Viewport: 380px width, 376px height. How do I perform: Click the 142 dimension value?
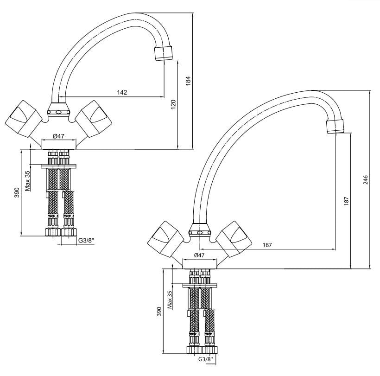[122, 92]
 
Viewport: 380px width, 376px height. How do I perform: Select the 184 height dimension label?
[188, 81]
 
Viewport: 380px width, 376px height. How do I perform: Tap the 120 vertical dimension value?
[173, 104]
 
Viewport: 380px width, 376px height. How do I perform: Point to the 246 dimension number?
[366, 180]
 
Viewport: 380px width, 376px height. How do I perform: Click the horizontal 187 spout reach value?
[267, 245]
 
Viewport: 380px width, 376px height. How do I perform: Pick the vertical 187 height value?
[347, 202]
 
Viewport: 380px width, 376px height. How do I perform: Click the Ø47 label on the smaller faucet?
[58, 136]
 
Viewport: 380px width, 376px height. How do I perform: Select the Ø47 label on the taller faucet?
[199, 255]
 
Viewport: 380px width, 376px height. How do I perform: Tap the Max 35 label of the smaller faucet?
[27, 181]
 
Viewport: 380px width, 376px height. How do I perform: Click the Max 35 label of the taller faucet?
[170, 300]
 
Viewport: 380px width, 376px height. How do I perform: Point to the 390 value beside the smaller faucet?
[17, 192]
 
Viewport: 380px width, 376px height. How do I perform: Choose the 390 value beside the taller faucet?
[159, 312]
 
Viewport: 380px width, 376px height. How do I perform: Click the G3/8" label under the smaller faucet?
[86, 241]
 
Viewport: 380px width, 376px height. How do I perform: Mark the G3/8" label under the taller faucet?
[206, 359]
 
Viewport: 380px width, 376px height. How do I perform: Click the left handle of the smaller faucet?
[23, 119]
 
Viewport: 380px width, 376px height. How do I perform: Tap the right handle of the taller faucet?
[234, 239]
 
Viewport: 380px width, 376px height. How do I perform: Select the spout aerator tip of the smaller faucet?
[164, 53]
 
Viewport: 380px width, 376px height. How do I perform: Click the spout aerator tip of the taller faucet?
[336, 127]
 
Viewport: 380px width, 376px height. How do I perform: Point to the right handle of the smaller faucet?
[94, 119]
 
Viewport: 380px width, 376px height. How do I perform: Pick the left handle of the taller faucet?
[166, 239]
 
